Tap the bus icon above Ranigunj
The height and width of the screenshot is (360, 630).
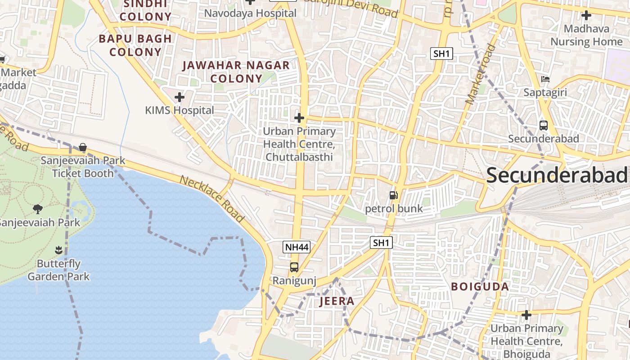pos(294,267)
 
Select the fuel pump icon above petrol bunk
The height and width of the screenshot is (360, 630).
pos(393,195)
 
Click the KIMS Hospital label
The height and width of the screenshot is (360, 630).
pos(179,110)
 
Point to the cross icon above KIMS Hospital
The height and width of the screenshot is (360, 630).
pos(180,97)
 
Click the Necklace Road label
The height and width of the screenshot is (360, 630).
pos(212,199)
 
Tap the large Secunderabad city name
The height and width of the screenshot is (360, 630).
pos(557,175)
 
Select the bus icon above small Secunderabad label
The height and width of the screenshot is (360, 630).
pos(543,125)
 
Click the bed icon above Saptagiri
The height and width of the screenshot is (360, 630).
pos(545,79)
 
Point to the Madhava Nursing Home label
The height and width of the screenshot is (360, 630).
pos(586,35)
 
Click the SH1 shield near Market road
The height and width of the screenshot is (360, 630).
pos(441,54)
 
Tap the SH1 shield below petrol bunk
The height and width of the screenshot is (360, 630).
pos(381,243)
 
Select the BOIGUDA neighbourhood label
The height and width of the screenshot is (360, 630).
pos(480,287)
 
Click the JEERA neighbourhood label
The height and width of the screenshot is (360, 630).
pos(337,301)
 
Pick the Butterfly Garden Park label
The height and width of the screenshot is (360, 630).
pos(58,270)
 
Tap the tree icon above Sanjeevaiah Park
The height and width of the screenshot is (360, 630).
pos(38,208)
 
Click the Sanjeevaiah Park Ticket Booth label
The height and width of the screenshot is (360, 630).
pos(83,167)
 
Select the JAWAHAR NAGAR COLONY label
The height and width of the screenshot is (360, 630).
pos(236,72)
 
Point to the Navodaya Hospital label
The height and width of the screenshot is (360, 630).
pos(250,13)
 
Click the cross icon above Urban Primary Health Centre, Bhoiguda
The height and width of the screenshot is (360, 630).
pos(526,315)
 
